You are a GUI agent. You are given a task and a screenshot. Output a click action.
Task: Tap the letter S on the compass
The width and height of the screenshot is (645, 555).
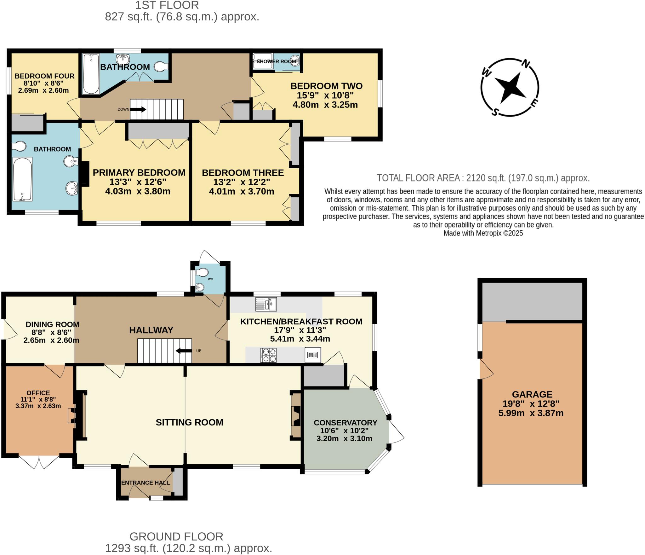click(495, 112)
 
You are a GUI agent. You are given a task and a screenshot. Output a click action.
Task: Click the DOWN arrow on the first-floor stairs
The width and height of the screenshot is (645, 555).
click(138, 109)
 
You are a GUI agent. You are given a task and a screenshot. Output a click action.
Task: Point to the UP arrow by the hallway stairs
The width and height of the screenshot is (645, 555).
click(184, 351)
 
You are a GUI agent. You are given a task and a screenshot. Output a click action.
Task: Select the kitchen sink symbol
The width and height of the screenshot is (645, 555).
click(266, 304)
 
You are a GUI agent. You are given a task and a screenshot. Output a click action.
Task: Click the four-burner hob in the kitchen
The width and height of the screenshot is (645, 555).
click(268, 355)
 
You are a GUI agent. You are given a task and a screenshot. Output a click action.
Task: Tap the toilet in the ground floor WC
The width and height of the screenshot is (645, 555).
click(202, 272)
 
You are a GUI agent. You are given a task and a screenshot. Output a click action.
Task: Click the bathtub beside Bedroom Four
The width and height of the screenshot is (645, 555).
click(91, 74)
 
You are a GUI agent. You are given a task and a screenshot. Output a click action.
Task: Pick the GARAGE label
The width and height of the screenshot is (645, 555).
click(532, 394)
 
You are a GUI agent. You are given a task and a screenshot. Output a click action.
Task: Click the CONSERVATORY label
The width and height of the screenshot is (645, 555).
click(345, 423)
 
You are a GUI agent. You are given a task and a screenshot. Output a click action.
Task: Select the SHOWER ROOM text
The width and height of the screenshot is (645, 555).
click(276, 61)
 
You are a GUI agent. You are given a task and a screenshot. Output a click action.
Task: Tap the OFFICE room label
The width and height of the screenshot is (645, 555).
click(38, 393)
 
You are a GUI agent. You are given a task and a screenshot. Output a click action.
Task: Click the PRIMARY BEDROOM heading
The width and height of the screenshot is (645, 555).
click(139, 173)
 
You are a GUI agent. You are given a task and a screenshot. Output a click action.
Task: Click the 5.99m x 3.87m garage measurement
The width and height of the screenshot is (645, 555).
click(531, 413)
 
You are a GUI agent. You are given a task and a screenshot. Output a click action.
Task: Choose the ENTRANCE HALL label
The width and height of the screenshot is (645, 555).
click(146, 483)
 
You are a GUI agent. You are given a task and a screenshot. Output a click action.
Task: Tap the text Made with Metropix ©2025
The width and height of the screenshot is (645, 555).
click(483, 233)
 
